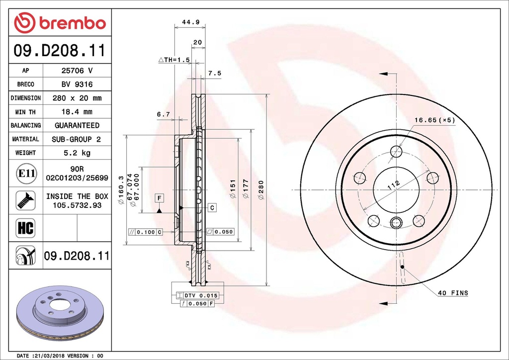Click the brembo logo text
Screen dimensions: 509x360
(x=73, y=23)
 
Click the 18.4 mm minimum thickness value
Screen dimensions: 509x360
(x=77, y=112)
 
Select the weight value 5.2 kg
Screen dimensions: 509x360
(x=77, y=153)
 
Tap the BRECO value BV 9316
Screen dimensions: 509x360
(x=77, y=85)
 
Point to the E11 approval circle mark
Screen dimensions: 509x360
(x=26, y=173)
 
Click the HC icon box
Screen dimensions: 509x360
(x=25, y=228)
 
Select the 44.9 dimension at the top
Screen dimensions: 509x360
(x=190, y=22)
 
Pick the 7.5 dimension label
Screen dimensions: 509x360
(x=215, y=73)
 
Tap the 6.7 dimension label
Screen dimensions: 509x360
(x=163, y=114)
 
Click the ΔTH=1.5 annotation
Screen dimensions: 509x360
(x=174, y=60)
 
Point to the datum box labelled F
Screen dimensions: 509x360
(x=159, y=198)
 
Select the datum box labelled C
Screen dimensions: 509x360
(x=212, y=207)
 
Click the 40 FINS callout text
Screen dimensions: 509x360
(x=453, y=293)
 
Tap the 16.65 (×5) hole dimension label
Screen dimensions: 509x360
(x=434, y=120)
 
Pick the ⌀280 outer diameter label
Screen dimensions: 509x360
(x=261, y=190)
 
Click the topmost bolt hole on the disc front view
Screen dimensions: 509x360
(x=396, y=151)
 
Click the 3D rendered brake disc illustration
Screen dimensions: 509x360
(x=60, y=313)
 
